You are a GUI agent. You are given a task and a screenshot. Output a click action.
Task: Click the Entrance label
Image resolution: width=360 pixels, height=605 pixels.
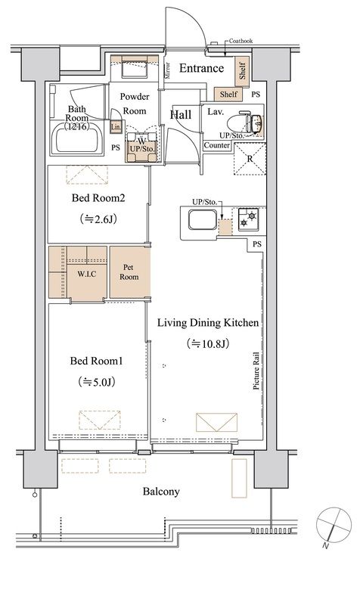point(201,68)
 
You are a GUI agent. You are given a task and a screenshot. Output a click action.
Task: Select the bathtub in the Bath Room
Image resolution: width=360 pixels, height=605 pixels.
point(77,138)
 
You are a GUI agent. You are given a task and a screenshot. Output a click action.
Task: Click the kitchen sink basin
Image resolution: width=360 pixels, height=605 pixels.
point(203,219)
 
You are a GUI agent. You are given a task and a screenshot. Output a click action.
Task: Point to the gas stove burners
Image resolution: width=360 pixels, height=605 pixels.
point(248,219)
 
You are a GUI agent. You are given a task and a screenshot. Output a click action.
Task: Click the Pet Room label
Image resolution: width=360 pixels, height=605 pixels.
point(129,272)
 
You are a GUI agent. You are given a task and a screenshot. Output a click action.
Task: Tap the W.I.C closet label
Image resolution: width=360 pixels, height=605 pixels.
point(86,275)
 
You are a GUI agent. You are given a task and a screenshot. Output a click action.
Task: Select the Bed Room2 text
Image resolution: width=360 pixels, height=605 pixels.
point(98,198)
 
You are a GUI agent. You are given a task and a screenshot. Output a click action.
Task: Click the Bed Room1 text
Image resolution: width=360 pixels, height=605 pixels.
point(97,361)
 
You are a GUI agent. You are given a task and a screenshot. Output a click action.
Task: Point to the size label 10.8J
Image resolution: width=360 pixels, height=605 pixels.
point(207,343)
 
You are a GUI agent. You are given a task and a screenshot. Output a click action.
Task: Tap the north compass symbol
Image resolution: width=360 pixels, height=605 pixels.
point(334,526)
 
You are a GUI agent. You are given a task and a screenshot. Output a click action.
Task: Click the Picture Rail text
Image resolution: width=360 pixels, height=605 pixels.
point(256,371)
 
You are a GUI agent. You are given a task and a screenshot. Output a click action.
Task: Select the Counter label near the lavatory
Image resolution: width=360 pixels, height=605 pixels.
point(217,145)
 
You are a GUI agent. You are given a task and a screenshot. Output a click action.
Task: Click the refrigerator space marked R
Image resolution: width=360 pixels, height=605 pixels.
point(250,159)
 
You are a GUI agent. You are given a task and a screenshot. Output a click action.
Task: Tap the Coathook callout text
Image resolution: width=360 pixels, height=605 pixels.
point(241,41)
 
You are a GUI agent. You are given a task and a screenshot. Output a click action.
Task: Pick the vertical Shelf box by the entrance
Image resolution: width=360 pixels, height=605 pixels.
point(242,71)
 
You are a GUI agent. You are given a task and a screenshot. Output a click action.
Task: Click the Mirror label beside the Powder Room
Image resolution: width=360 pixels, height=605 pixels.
point(167,70)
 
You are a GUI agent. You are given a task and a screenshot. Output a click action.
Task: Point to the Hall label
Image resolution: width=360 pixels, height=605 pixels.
point(181,115)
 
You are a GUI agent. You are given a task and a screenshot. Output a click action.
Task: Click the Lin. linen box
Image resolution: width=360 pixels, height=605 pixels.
point(116,126)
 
